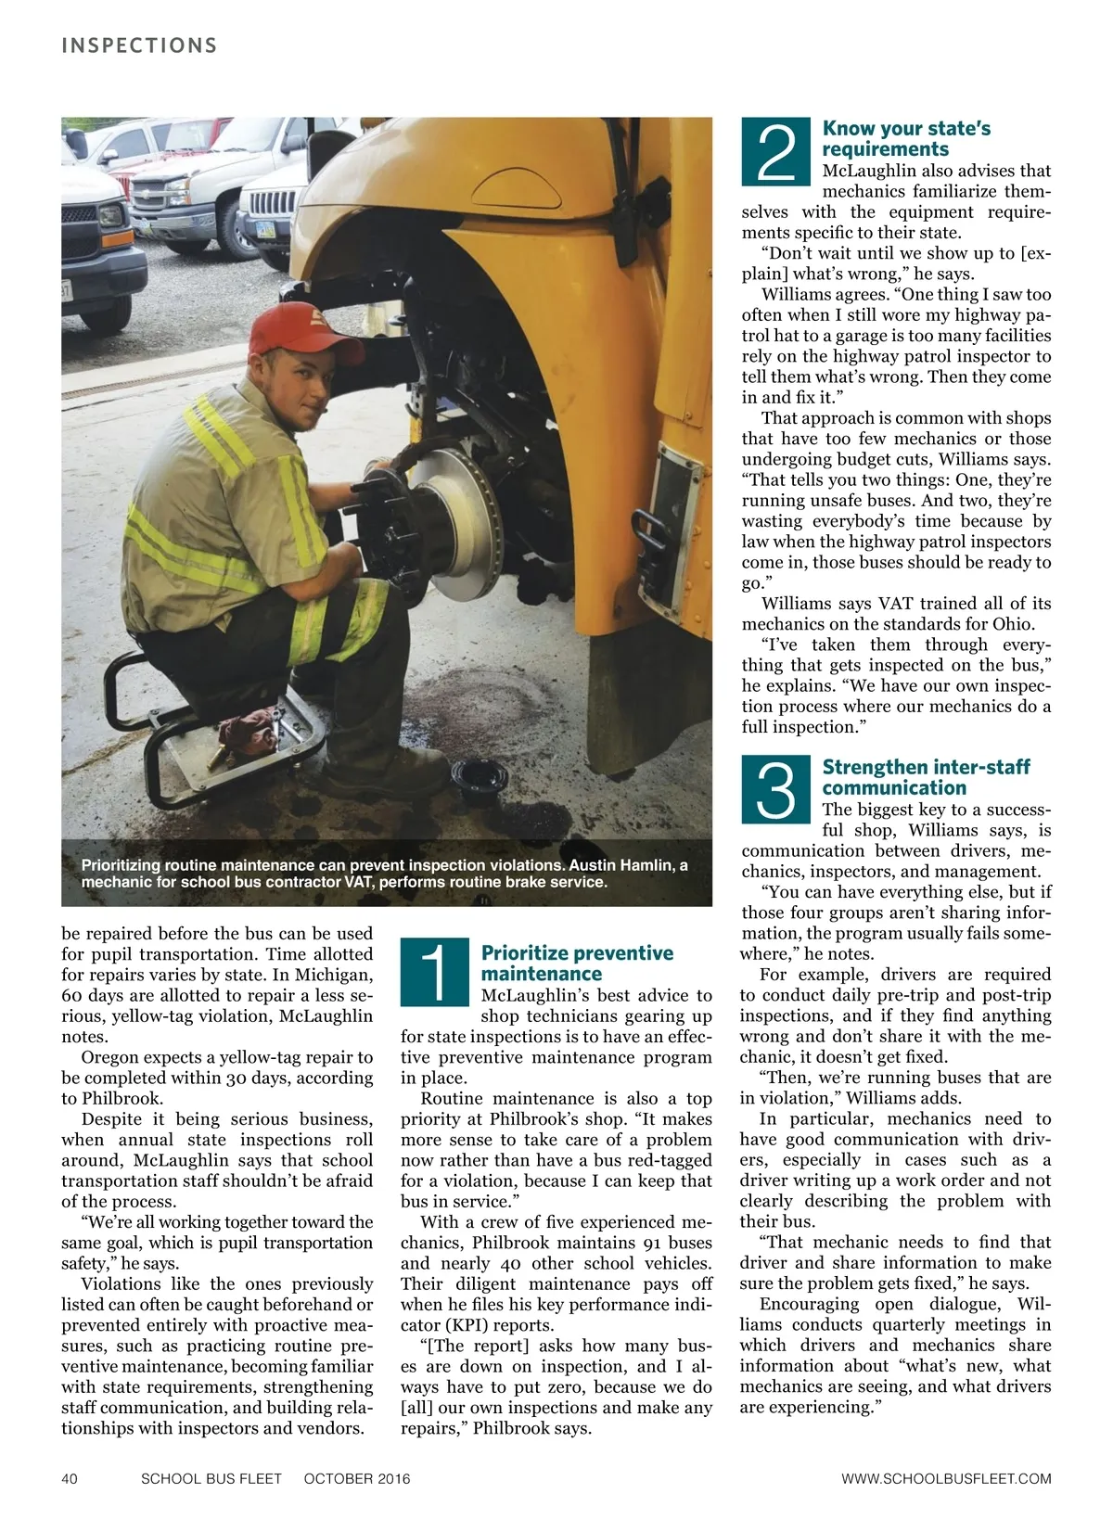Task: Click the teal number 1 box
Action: tap(436, 972)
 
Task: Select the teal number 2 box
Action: tap(777, 150)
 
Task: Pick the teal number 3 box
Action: tap(777, 789)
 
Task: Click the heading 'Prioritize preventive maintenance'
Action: tap(577, 964)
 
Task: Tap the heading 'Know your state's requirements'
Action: tap(906, 139)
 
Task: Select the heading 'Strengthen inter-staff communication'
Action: tap(926, 777)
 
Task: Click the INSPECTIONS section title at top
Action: tap(139, 45)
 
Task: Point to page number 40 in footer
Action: tap(70, 1478)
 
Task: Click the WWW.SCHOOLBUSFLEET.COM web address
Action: tap(946, 1478)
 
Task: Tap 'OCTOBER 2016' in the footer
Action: tap(357, 1478)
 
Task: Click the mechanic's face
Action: tap(296, 383)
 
